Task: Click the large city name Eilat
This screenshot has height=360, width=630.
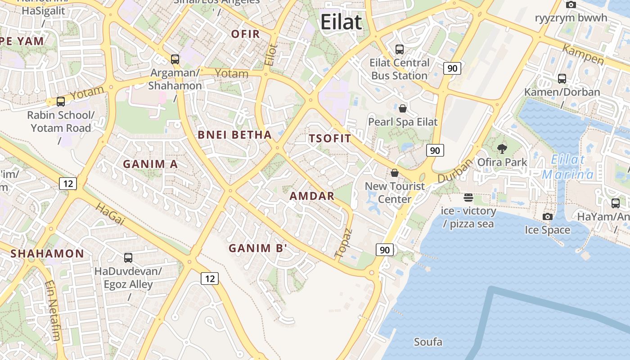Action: point(342,22)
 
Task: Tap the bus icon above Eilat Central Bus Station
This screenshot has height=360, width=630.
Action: point(399,49)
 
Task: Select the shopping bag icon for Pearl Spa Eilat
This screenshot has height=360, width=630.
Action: point(403,108)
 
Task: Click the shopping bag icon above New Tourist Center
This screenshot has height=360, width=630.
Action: point(395,173)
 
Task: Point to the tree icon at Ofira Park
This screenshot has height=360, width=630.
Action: point(502,148)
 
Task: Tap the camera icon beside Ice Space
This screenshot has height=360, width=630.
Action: point(547,217)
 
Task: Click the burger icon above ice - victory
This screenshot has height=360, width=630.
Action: point(468,198)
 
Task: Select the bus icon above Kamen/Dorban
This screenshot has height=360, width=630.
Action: point(562,79)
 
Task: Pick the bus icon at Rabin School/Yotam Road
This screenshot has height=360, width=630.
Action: point(61,102)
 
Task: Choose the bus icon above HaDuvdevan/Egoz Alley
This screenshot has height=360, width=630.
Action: point(128,258)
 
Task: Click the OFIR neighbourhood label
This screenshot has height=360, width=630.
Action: point(246,34)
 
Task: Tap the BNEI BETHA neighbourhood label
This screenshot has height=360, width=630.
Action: point(235,135)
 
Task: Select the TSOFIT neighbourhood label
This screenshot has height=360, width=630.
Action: point(330,139)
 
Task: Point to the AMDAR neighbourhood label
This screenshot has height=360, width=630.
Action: point(312,196)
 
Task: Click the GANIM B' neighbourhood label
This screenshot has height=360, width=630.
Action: point(258,248)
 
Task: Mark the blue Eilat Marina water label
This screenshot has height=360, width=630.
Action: point(568,167)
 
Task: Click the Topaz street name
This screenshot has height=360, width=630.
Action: point(344,244)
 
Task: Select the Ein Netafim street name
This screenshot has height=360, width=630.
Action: point(53,311)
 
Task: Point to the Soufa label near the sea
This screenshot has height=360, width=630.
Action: point(428,342)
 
